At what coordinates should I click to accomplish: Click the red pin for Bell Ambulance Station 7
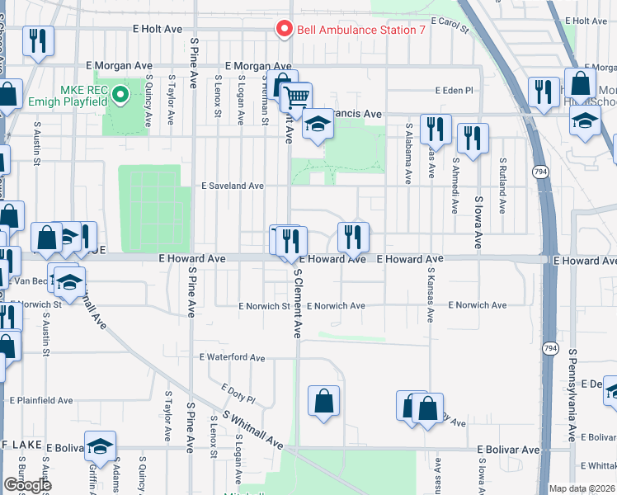(x=285, y=29)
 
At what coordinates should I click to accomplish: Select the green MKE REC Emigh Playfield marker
(x=120, y=95)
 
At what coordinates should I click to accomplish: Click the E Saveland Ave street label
(x=233, y=186)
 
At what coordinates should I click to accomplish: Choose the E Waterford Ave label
(x=232, y=358)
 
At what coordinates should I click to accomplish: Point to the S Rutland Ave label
(x=501, y=186)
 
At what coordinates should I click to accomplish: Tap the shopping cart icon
(x=297, y=98)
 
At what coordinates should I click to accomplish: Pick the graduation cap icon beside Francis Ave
(x=317, y=124)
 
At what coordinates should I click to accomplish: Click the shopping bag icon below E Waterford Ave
(x=324, y=402)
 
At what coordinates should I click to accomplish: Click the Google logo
(x=27, y=485)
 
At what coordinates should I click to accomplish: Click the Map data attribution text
(x=582, y=488)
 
